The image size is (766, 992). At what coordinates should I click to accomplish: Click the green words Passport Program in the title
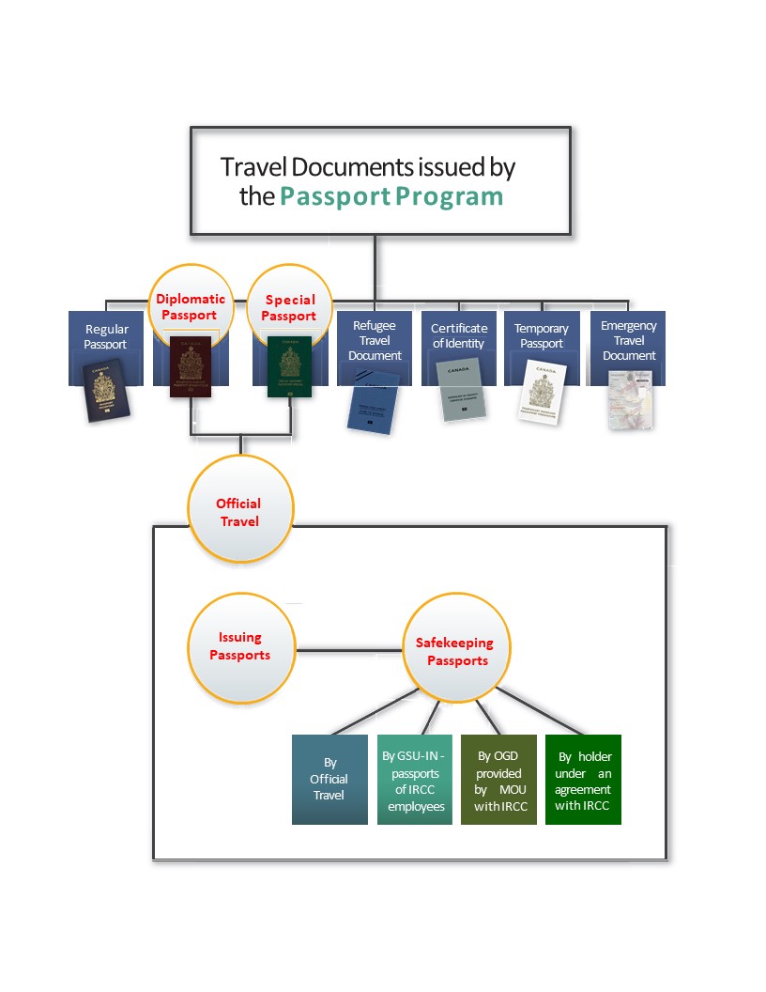[391, 197]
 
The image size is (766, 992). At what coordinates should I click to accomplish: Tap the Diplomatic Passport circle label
[191, 307]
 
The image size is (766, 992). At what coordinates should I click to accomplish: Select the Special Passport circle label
[289, 307]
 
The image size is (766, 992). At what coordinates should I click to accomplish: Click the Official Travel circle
[239, 512]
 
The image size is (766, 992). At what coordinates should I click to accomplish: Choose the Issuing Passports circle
[240, 646]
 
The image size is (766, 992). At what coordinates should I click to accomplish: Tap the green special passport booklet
[288, 367]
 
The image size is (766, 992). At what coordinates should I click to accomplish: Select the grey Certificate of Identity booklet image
[461, 389]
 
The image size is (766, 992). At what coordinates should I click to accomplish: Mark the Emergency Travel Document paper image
[630, 399]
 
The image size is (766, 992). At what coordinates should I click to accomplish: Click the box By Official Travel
[329, 779]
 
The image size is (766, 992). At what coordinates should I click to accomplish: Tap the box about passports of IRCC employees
[415, 779]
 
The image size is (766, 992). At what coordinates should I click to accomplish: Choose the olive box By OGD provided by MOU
[498, 779]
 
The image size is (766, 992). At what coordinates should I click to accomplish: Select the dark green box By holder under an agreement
[583, 779]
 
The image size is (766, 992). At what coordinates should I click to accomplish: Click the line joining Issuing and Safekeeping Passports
[350, 648]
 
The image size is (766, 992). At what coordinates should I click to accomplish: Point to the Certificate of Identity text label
[459, 335]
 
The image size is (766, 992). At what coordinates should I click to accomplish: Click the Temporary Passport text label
[542, 335]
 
